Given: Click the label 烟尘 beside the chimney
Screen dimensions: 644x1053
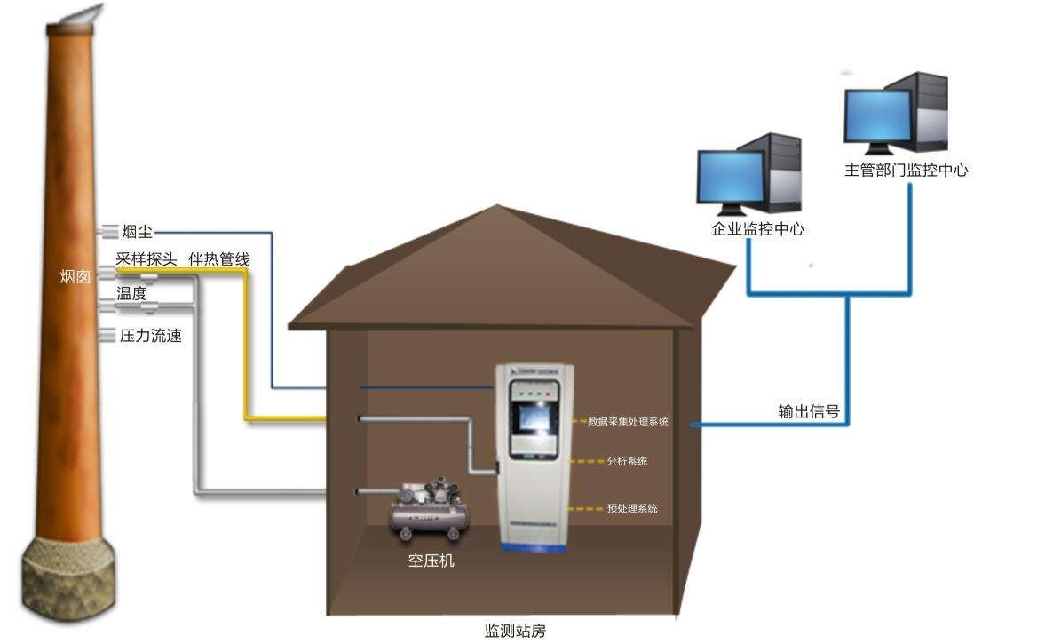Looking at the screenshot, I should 137,232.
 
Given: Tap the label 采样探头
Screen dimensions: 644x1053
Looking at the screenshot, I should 146,259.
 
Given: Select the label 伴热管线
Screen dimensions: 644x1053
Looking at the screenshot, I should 218,259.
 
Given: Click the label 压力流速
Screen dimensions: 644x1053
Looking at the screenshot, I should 150,337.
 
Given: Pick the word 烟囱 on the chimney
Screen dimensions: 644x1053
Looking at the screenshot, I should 75,277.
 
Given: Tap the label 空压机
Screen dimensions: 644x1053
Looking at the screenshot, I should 431,561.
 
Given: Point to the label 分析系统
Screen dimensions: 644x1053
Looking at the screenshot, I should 627,461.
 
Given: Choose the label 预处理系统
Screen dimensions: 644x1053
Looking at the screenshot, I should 632,509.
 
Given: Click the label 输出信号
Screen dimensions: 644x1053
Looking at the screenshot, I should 809,411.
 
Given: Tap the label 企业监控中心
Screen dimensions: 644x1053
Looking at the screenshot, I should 757,229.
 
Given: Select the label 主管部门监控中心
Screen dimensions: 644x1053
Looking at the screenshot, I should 906,170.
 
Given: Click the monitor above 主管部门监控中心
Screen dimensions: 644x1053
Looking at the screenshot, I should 877,116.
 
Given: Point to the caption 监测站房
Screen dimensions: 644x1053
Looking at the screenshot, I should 515,632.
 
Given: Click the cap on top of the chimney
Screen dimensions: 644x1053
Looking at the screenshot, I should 75,15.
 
